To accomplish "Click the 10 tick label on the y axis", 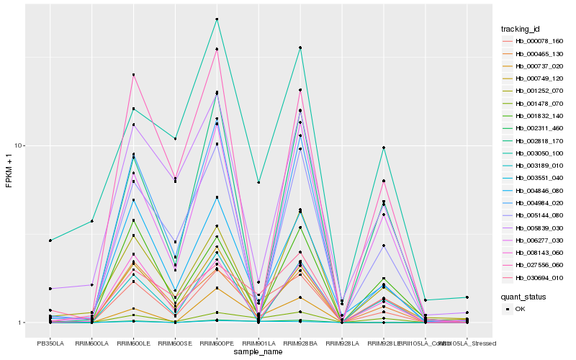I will click(x=20, y=145).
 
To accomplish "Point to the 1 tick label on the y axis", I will click(x=22, y=323).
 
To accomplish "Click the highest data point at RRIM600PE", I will click(x=217, y=19).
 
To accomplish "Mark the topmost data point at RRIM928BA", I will click(x=300, y=48).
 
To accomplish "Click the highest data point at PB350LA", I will click(x=50, y=240).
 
